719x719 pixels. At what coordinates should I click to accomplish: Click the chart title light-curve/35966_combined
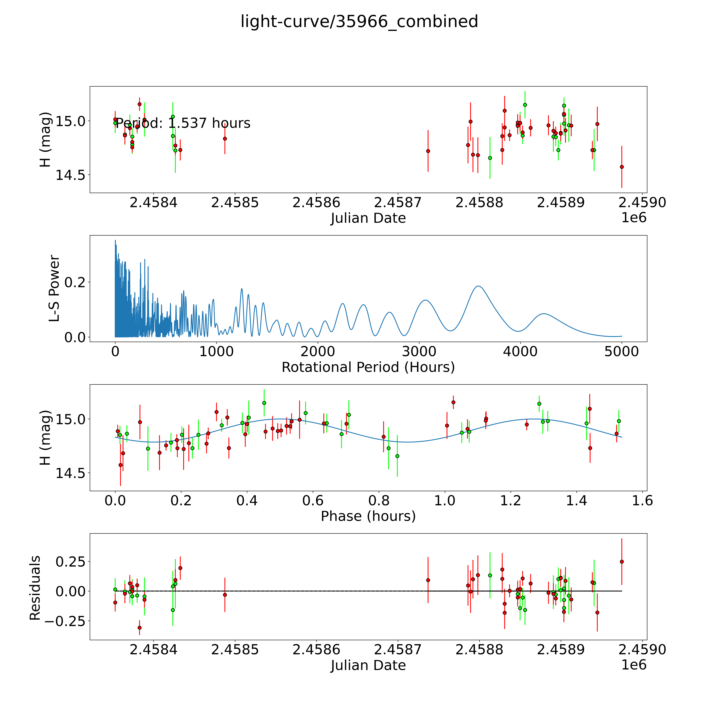tap(359, 22)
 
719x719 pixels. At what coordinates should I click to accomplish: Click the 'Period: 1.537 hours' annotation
tap(183, 123)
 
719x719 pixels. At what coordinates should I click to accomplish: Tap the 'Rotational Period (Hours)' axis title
tap(368, 367)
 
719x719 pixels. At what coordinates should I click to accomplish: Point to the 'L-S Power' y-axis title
tap(54, 288)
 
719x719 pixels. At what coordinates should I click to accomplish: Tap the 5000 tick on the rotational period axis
tap(622, 352)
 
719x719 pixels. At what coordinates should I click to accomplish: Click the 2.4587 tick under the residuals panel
tap(398, 649)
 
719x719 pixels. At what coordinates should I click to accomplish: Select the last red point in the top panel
tap(622, 167)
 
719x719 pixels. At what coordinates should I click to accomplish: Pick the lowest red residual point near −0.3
tap(140, 627)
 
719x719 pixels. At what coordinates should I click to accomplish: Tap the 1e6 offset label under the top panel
tap(634, 218)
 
